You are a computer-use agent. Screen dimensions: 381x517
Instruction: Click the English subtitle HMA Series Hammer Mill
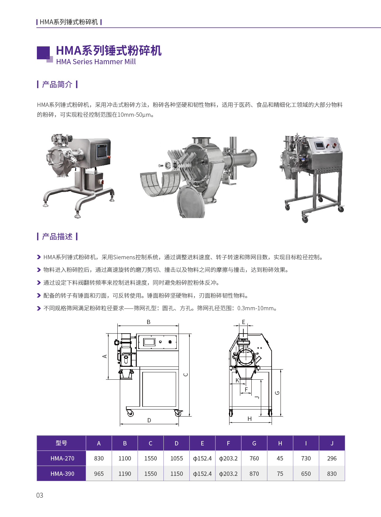96,62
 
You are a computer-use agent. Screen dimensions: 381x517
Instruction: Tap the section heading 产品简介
57,84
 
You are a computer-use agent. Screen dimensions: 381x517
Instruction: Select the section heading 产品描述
57,237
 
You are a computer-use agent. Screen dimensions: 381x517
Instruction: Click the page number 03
40,495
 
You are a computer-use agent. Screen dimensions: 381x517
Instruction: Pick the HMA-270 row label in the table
62,458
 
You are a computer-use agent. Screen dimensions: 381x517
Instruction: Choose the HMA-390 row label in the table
62,474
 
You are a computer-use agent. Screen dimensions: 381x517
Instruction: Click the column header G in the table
254,443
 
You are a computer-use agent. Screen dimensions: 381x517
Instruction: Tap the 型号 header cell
61,443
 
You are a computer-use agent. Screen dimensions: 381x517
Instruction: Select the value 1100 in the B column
125,458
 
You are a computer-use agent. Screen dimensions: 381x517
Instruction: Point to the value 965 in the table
99,474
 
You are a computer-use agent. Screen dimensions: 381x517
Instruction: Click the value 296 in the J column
332,458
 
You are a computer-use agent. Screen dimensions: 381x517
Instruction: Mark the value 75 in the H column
280,474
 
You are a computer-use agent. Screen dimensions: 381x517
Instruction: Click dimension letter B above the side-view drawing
148,322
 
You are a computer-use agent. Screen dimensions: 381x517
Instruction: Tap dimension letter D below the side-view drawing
149,420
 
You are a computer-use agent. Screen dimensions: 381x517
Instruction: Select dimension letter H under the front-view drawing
249,419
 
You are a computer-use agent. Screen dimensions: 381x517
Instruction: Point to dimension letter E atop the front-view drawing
243,322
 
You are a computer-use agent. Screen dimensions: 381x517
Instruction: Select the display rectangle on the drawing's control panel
149,342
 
